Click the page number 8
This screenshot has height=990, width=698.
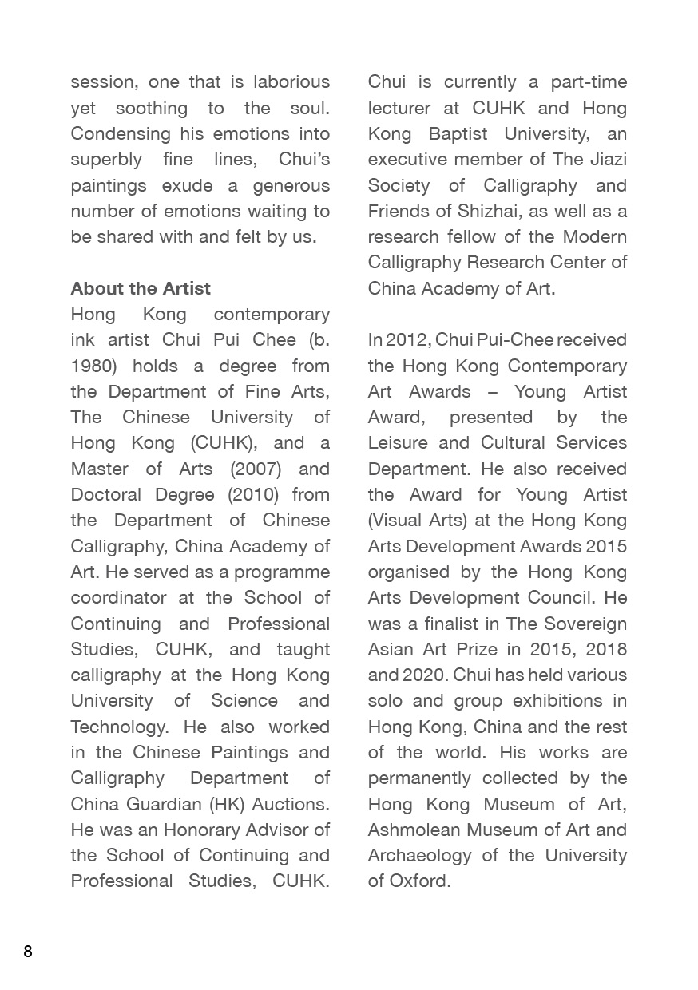(x=28, y=951)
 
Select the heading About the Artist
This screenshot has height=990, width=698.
(x=141, y=288)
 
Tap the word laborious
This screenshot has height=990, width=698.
(x=291, y=81)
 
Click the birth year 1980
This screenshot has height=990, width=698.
(x=94, y=366)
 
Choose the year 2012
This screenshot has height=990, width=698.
(x=406, y=339)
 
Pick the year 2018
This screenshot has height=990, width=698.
(x=606, y=649)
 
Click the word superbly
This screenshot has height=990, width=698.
(x=106, y=159)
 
